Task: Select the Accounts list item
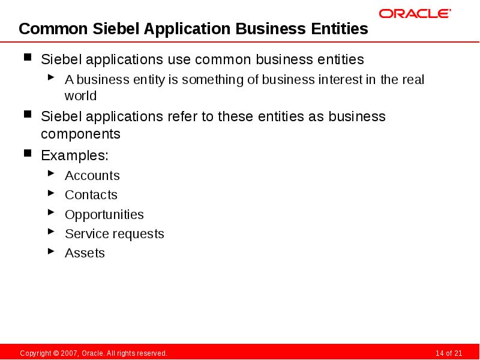click(x=92, y=176)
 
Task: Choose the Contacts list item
click(x=91, y=195)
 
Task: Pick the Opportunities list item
click(x=104, y=215)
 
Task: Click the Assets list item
click(x=85, y=253)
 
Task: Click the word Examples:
click(x=74, y=156)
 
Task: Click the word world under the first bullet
click(x=80, y=96)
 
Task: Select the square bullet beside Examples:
click(x=28, y=154)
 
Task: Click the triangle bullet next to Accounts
click(x=52, y=175)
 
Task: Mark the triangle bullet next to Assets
click(x=52, y=252)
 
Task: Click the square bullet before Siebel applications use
click(x=28, y=58)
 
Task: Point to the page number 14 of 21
click(x=448, y=353)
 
